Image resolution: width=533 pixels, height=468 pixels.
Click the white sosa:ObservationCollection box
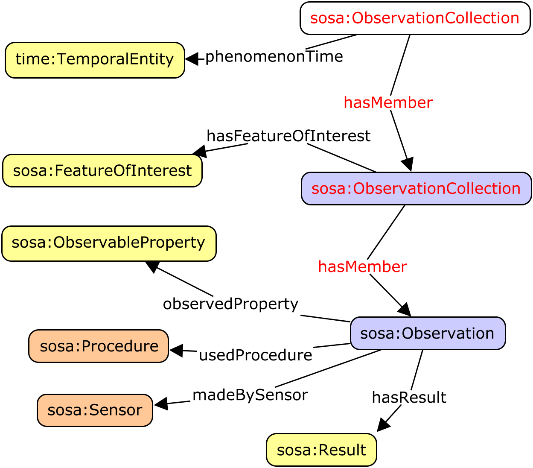coord(415,18)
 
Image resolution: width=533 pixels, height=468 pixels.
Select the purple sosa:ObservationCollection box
coord(416,189)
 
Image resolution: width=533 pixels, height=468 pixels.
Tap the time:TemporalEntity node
coord(95,60)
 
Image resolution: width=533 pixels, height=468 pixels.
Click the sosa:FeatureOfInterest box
coord(102,171)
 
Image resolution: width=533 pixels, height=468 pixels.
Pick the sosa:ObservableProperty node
coord(109,243)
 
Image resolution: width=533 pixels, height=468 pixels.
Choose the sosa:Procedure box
coord(99,346)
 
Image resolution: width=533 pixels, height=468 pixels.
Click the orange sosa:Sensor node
coord(95,410)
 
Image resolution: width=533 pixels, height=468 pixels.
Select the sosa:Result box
coord(321,450)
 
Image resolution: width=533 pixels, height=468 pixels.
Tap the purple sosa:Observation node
coord(428,333)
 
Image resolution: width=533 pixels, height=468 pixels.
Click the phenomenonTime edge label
coord(274,57)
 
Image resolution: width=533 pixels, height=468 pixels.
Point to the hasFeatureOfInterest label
coord(288,136)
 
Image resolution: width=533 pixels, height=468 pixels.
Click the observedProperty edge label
coord(230,304)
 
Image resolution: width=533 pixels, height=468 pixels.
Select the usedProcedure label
coord(256,355)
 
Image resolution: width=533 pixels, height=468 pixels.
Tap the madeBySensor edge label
coord(250,395)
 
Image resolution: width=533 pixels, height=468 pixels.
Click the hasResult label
coord(409,398)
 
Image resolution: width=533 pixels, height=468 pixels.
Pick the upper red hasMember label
coord(388,103)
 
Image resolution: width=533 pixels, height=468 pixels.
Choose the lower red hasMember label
coord(362,267)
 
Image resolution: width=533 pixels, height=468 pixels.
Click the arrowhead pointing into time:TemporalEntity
coord(192,59)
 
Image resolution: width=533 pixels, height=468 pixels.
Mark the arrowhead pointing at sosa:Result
coord(383,425)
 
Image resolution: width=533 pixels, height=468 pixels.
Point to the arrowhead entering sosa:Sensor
coord(160,404)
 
